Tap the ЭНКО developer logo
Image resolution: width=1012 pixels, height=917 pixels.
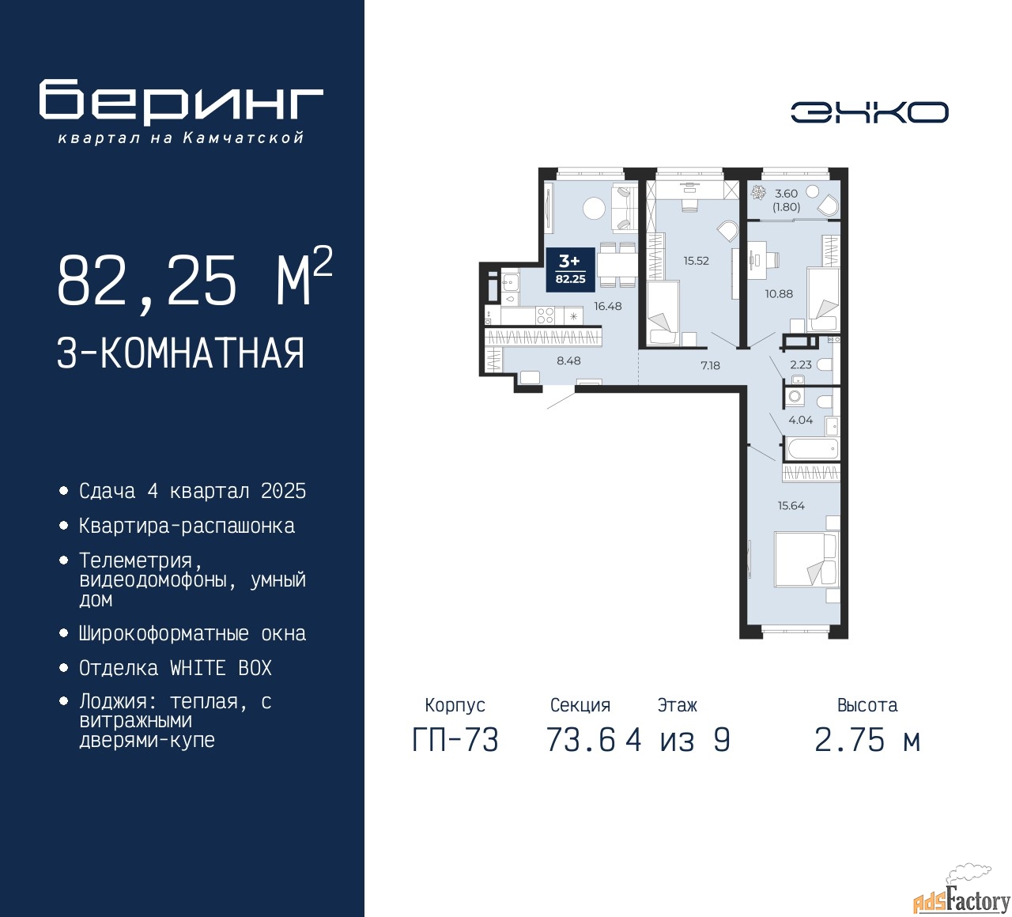pos(869,112)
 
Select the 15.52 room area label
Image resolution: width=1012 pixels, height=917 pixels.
pos(697,261)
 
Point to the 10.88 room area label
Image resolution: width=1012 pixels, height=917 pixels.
pos(779,293)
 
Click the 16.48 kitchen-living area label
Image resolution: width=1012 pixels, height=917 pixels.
pos(608,306)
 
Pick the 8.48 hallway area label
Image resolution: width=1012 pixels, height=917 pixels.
pos(568,360)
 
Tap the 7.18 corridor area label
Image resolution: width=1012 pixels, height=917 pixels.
pos(710,366)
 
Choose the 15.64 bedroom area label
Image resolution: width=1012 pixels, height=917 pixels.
pos(791,505)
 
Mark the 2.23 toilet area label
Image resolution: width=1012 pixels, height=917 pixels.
pos(801,364)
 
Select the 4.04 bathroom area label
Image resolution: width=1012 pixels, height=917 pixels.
pos(801,420)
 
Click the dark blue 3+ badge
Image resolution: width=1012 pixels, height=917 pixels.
pos(571,270)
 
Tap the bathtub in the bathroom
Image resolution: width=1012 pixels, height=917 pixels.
pos(812,449)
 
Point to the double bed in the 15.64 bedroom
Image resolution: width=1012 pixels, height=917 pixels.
pos(807,560)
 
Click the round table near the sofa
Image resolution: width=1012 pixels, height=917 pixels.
pos(593,209)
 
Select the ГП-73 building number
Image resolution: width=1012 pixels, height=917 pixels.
pos(455,741)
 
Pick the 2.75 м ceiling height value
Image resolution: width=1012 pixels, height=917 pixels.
pos(867,741)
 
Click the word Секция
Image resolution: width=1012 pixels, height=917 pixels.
pos(580,705)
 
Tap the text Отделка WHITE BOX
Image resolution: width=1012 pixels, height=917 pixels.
pos(175,668)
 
